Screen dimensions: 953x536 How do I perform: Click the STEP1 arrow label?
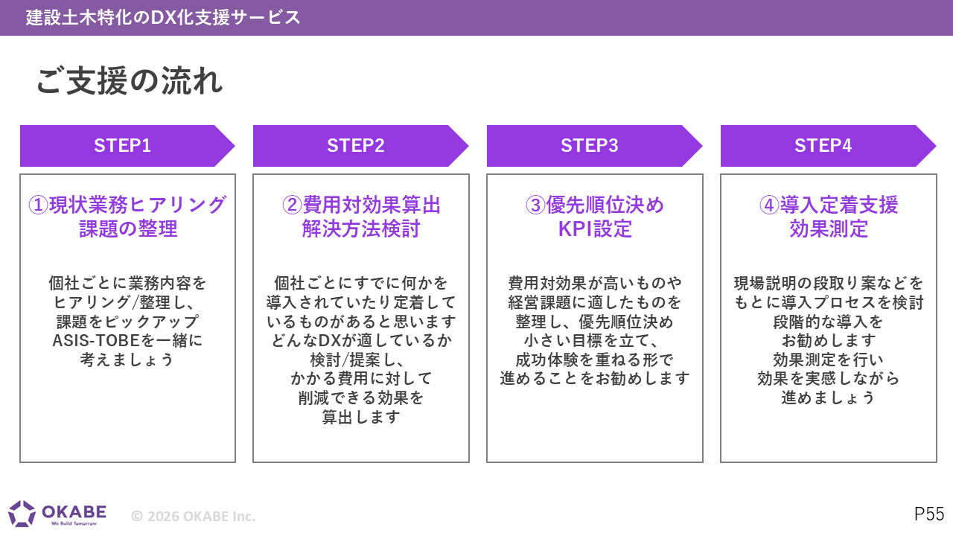click(123, 145)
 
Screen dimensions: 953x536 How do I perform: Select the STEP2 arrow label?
click(356, 145)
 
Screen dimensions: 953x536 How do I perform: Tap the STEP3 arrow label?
click(589, 145)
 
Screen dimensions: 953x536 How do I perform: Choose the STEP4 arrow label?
click(823, 145)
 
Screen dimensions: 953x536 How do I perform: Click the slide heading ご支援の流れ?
click(130, 80)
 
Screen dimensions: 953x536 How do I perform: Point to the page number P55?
click(929, 514)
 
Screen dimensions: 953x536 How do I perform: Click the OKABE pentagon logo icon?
click(22, 514)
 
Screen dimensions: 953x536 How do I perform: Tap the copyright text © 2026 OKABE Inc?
click(193, 516)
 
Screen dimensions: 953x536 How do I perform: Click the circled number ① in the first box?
click(38, 205)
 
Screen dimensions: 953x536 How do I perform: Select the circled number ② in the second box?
click(292, 205)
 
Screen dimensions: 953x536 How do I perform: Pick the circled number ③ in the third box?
click(535, 205)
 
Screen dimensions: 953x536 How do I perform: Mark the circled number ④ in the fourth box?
click(769, 205)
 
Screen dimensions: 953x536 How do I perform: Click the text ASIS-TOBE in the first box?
click(96, 341)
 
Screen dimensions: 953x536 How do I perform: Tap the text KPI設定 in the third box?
click(595, 229)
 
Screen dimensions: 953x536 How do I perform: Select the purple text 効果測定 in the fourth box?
click(829, 229)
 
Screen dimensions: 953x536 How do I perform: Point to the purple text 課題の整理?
click(128, 229)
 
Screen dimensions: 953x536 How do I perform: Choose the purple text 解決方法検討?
click(361, 229)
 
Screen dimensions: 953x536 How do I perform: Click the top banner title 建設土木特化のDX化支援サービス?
click(163, 17)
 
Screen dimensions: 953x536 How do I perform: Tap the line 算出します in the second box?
click(361, 417)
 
